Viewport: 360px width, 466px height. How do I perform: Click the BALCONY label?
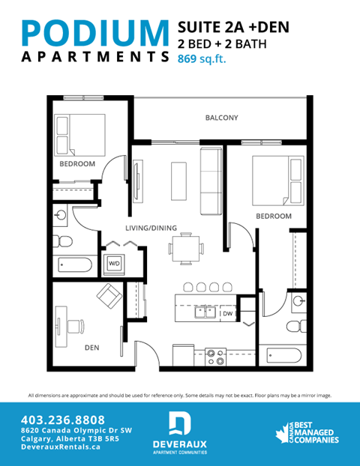[221, 118]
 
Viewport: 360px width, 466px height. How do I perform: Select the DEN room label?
[91, 346]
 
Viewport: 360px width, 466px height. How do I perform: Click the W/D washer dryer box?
[115, 264]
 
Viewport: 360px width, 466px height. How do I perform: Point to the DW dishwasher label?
[227, 314]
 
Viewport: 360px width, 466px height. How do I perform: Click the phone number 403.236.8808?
[64, 420]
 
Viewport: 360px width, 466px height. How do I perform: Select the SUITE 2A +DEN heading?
[233, 27]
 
